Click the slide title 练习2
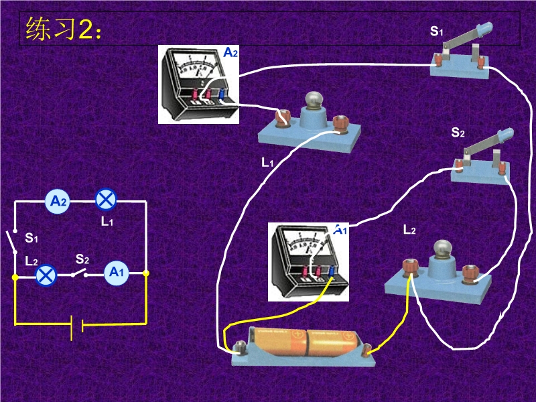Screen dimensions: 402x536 coord(64,30)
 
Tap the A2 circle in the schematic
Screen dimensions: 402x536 coord(59,200)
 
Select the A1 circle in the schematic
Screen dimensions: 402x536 coord(117,272)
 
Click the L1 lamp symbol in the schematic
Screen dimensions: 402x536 coord(107,200)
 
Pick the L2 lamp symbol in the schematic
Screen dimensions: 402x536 coord(45,274)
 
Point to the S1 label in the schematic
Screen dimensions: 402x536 coord(31,238)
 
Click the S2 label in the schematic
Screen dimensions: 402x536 coord(82,259)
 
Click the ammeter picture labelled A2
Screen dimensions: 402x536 coord(198,84)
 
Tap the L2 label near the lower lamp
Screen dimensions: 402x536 coord(409,230)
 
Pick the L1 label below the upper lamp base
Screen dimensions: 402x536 coord(267,162)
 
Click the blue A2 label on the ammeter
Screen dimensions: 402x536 coord(230,52)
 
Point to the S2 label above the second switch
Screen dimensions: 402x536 coord(458,133)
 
